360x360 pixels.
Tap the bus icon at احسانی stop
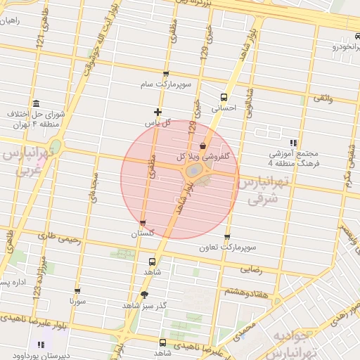pyautogui.click(x=224, y=98)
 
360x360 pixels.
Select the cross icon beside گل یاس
pyautogui.click(x=157, y=112)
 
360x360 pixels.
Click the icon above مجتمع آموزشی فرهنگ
pyautogui.click(x=293, y=143)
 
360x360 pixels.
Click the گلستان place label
pyautogui.click(x=143, y=233)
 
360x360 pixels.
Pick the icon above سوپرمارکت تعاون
pyautogui.click(x=226, y=237)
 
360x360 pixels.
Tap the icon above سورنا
pyautogui.click(x=77, y=290)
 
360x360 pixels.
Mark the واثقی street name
pyautogui.click(x=321, y=98)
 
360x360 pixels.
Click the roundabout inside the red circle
pyautogui.click(x=193, y=172)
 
